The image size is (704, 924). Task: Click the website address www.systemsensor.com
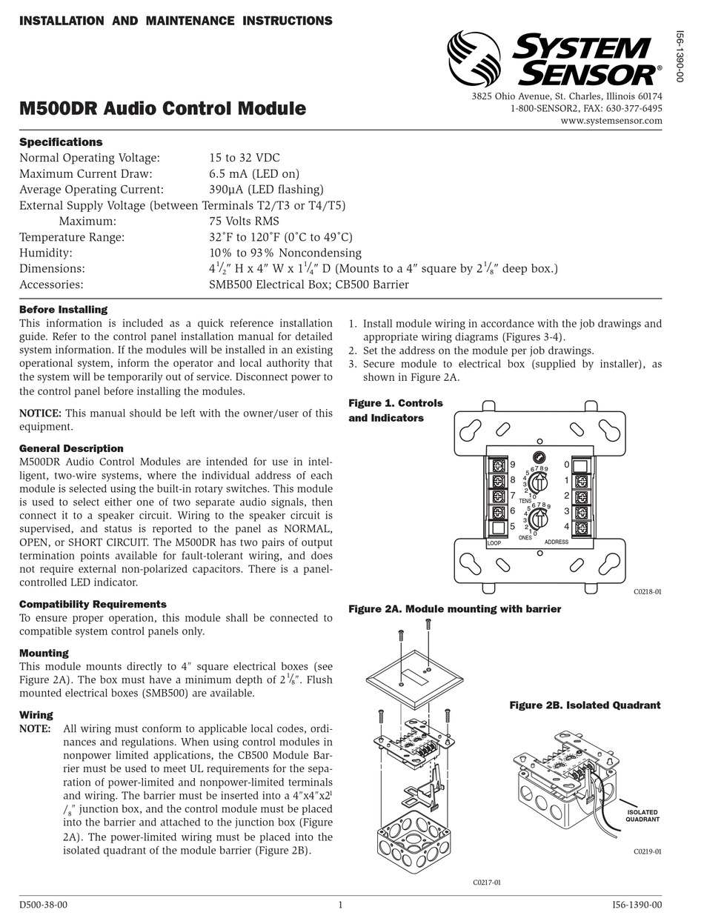tap(611, 121)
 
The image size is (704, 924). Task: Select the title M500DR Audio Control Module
tap(162, 109)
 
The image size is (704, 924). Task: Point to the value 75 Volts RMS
tap(244, 221)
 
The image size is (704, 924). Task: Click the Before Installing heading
tap(63, 309)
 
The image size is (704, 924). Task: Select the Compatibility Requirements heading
tap(93, 604)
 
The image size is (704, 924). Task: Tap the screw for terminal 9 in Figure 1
tap(499, 465)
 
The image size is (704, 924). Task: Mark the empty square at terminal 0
tap(581, 465)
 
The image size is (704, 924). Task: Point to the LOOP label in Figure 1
tap(494, 543)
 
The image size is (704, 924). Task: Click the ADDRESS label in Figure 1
tap(556, 542)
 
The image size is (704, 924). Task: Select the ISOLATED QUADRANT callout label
tap(642, 816)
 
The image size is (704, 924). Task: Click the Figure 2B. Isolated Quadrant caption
tap(585, 705)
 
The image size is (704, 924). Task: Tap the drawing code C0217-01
tap(487, 882)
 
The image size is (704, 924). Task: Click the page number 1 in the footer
tap(340, 904)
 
